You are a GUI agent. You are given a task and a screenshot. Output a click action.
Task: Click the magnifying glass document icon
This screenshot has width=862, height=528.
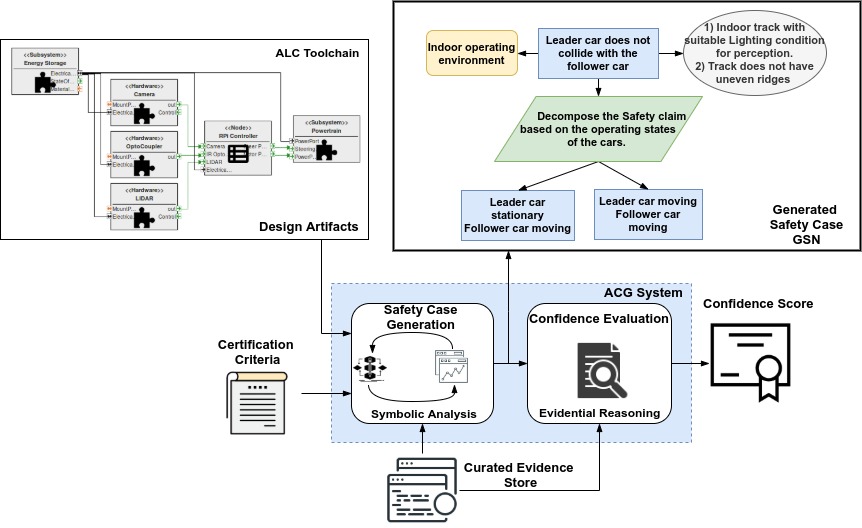pos(598,370)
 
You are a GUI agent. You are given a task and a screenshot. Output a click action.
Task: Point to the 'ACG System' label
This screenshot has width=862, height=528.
pos(645,292)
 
